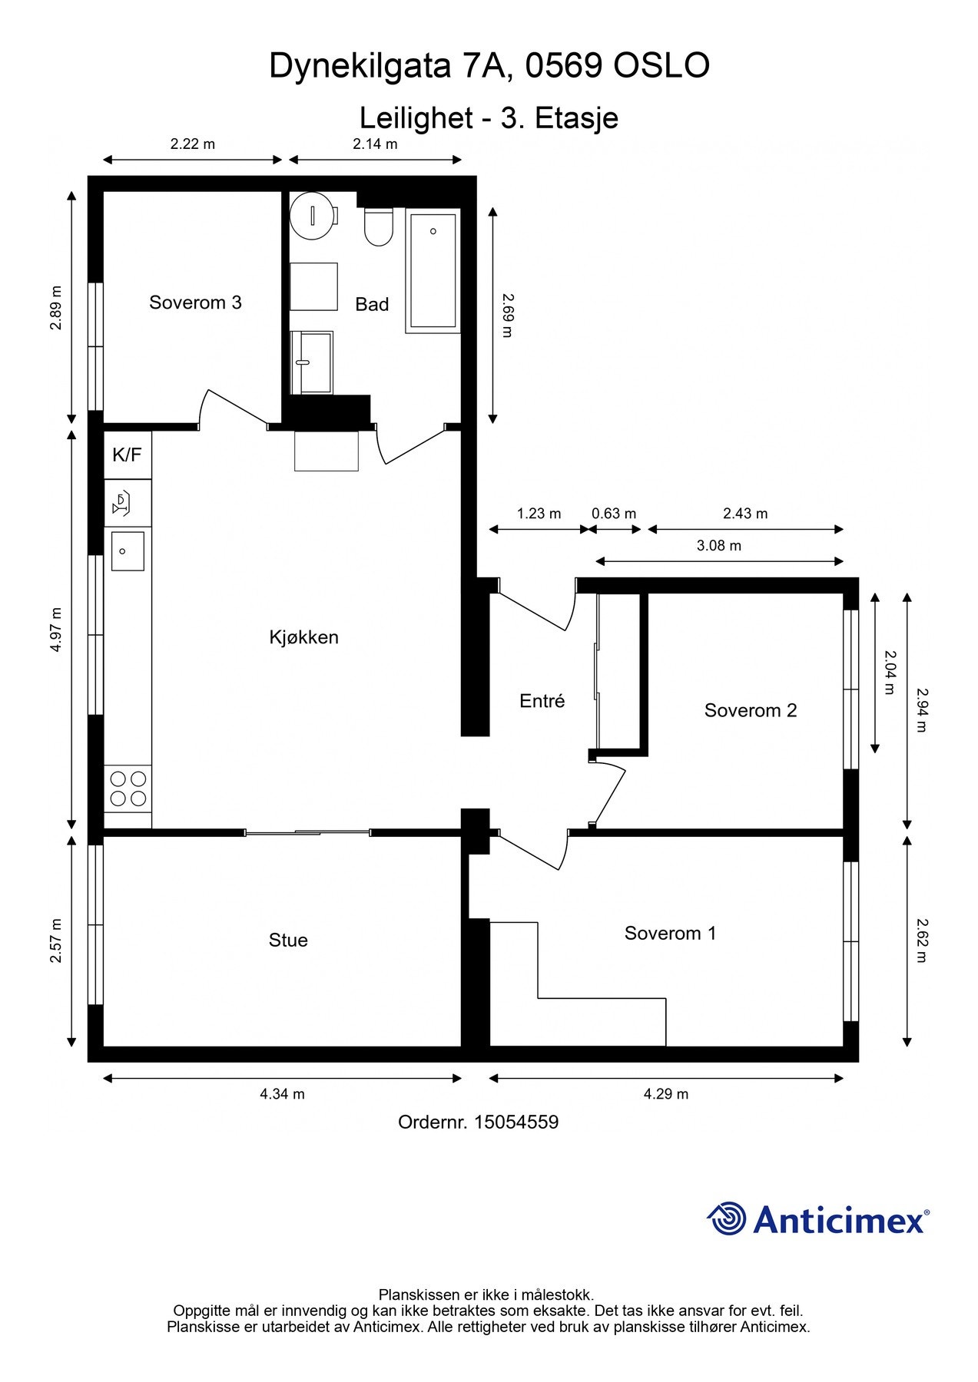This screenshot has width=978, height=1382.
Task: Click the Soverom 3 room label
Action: (x=195, y=303)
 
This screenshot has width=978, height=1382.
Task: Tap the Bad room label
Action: (x=372, y=305)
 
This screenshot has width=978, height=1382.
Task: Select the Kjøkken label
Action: (x=303, y=637)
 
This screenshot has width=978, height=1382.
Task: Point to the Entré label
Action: (x=542, y=700)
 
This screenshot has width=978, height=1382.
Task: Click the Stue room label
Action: (x=288, y=941)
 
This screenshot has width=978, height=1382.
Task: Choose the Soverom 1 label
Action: (x=670, y=934)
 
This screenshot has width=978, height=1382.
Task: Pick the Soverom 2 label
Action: (x=751, y=711)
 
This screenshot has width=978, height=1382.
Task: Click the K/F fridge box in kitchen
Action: (x=128, y=455)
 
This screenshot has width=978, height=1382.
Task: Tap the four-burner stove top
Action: (x=128, y=789)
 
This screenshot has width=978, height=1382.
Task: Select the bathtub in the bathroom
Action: (x=433, y=270)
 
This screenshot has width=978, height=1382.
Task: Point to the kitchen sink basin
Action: (x=128, y=551)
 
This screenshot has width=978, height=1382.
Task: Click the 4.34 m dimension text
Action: (x=282, y=1094)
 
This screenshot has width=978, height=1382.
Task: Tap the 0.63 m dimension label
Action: (x=614, y=514)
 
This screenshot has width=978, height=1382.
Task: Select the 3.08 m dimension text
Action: (x=719, y=546)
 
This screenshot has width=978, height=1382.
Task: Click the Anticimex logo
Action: (x=818, y=1219)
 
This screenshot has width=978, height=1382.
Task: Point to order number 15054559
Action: (x=478, y=1122)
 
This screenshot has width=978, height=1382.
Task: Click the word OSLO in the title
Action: (x=661, y=67)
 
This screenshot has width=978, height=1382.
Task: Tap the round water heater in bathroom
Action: (x=313, y=216)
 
